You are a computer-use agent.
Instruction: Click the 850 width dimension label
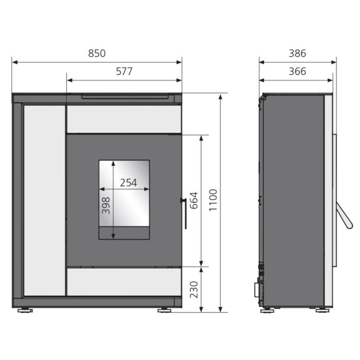(97, 53)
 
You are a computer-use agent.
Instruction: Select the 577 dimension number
(124, 72)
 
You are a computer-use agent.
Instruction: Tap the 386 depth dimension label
(297, 53)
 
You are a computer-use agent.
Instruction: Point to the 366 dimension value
(297, 72)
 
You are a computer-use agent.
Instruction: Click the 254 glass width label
(129, 183)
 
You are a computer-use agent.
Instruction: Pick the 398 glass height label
(106, 206)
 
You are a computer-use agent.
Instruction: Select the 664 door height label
(194, 200)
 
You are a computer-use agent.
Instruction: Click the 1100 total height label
(213, 200)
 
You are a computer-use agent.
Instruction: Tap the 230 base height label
(194, 290)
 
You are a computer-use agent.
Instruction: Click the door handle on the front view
(184, 213)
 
